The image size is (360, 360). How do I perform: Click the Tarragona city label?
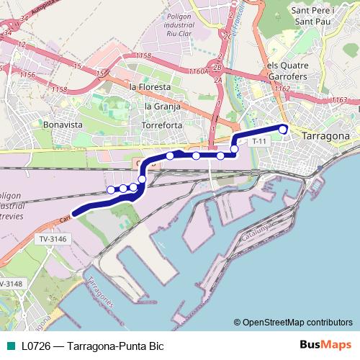pos(326,135)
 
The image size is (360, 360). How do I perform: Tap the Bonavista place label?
pos(63,124)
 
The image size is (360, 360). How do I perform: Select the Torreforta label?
pos(163,125)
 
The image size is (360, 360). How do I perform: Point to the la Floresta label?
pos(150,87)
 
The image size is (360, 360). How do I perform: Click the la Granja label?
pos(161,106)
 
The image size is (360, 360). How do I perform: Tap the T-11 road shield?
pos(260,142)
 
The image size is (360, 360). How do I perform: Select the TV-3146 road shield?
pos(52,238)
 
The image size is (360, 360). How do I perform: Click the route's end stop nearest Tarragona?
pos(283,130)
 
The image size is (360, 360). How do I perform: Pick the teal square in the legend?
pos(10,346)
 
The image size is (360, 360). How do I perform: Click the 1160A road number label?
pos(198,71)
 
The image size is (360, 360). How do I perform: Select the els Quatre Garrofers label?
pos(287,70)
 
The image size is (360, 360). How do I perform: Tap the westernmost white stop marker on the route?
pos(111,189)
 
